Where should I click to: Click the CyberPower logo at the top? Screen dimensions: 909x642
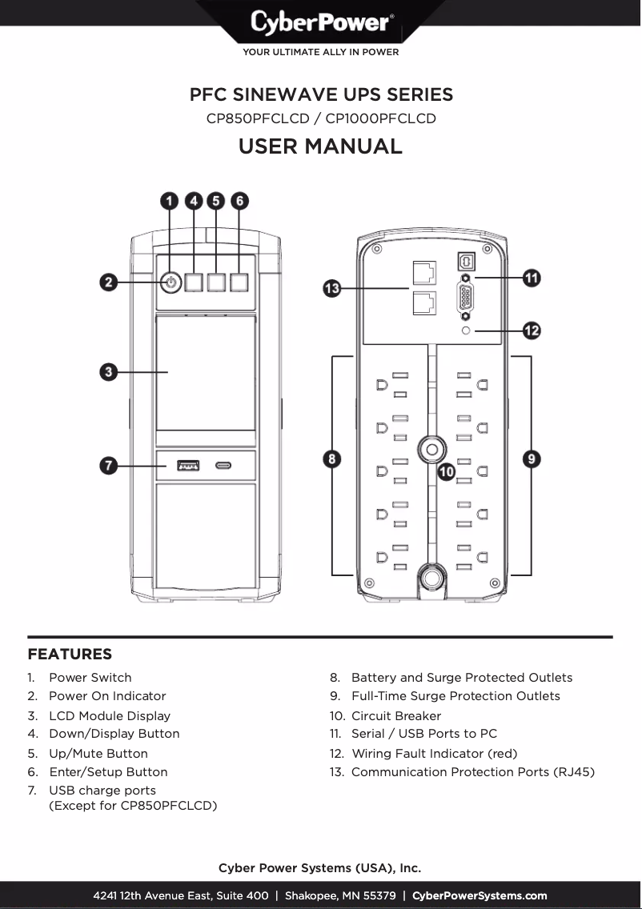(x=320, y=22)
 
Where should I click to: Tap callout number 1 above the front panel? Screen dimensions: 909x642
(x=170, y=201)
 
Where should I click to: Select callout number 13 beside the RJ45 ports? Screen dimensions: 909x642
(x=332, y=288)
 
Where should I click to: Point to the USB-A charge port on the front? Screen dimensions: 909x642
(x=188, y=464)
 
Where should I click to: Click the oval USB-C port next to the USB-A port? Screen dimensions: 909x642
(x=225, y=464)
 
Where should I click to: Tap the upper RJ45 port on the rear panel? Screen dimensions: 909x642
(x=423, y=272)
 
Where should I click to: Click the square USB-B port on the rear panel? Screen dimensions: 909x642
(x=466, y=261)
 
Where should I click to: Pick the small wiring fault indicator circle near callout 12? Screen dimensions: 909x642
(x=466, y=330)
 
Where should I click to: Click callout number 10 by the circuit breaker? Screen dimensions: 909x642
(x=447, y=472)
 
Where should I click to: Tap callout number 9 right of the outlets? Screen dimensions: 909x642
(x=532, y=459)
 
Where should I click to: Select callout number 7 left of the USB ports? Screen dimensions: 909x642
(x=110, y=464)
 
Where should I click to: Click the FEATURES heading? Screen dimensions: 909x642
(x=70, y=655)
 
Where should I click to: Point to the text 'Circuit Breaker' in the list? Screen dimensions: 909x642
(x=396, y=715)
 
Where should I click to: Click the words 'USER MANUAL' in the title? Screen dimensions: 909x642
(x=320, y=146)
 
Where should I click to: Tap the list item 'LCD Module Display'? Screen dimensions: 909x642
(x=110, y=715)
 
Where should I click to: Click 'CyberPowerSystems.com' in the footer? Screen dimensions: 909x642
(x=479, y=895)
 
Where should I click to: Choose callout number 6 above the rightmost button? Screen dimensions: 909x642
(x=239, y=201)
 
